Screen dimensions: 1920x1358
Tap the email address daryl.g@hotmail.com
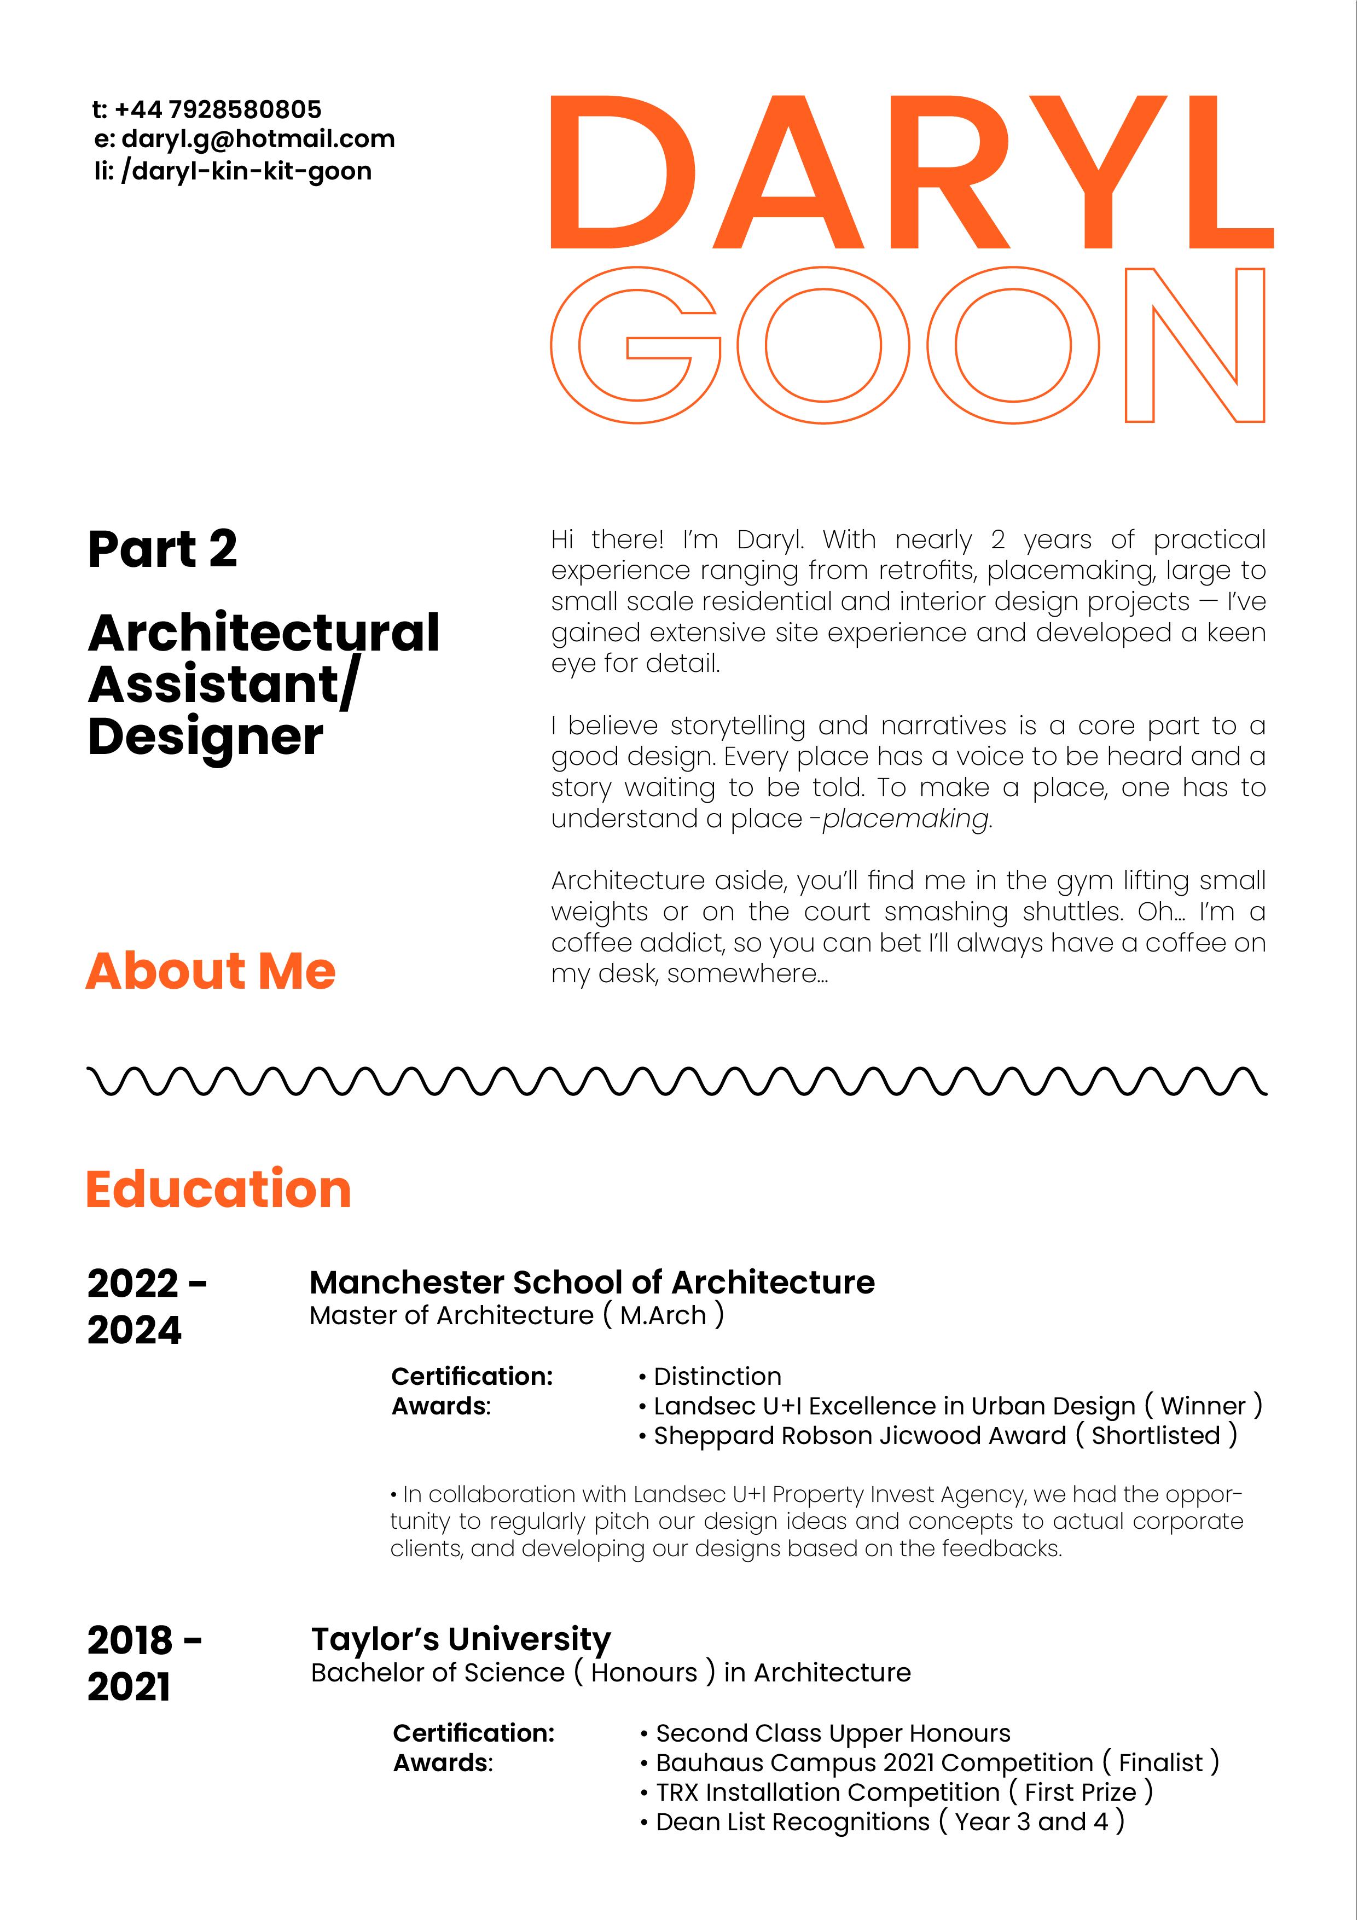coord(258,139)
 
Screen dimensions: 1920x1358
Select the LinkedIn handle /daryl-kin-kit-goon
coord(246,171)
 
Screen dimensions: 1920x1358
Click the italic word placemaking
coord(906,819)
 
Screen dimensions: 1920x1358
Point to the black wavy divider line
coord(677,1081)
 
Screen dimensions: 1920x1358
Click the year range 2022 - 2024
coord(146,1306)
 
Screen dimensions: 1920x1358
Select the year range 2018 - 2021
coord(144,1663)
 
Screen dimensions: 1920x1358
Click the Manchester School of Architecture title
coord(592,1283)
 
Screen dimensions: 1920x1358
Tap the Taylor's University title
coord(461,1640)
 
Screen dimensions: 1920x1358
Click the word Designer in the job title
coord(205,738)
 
